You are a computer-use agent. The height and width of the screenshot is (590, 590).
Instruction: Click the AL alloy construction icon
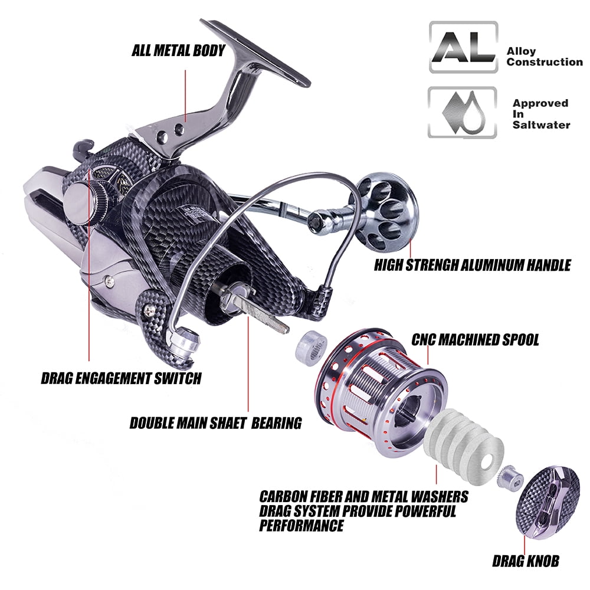click(x=464, y=47)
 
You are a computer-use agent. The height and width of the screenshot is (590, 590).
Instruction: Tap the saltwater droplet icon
click(x=463, y=112)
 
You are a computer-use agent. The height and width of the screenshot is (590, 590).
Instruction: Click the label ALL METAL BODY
click(x=178, y=50)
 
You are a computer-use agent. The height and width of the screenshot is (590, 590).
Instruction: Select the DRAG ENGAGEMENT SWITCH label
click(x=121, y=378)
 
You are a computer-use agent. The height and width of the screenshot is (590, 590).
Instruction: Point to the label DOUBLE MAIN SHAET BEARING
click(x=215, y=423)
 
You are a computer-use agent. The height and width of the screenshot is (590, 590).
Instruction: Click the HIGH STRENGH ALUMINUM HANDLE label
click(x=472, y=265)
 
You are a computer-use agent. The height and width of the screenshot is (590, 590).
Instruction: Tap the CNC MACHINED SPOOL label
click(x=475, y=339)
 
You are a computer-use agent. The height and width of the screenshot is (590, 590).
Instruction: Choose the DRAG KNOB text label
click(x=526, y=561)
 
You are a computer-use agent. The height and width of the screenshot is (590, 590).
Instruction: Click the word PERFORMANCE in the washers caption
click(x=301, y=525)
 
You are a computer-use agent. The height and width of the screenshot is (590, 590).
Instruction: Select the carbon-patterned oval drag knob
click(x=548, y=502)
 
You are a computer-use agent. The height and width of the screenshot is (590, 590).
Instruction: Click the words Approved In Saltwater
click(x=541, y=114)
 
